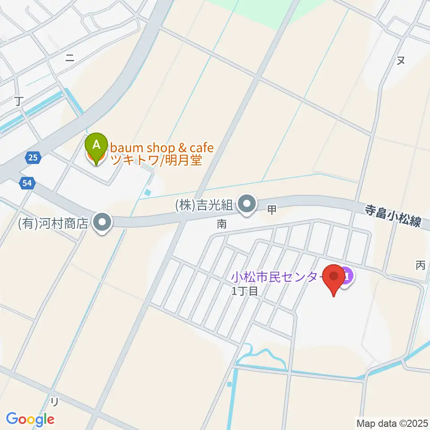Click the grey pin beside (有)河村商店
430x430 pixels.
click(103, 222)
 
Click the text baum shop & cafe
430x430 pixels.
click(162, 147)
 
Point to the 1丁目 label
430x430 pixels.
click(245, 291)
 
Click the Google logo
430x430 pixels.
click(30, 419)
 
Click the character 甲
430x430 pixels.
click(271, 209)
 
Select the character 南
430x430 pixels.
click(222, 224)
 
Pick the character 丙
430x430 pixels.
click(420, 265)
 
